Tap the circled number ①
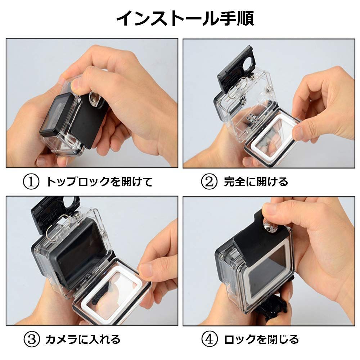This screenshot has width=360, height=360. [31, 181]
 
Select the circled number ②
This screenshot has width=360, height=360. [209, 181]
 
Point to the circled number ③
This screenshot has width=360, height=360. [32, 339]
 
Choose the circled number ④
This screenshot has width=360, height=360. [209, 339]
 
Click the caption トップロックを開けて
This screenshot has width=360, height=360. [99, 181]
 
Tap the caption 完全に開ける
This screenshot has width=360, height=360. [256, 181]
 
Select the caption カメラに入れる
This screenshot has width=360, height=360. [83, 339]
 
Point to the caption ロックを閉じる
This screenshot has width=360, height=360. [261, 339]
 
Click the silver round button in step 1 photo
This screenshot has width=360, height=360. [95, 99]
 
